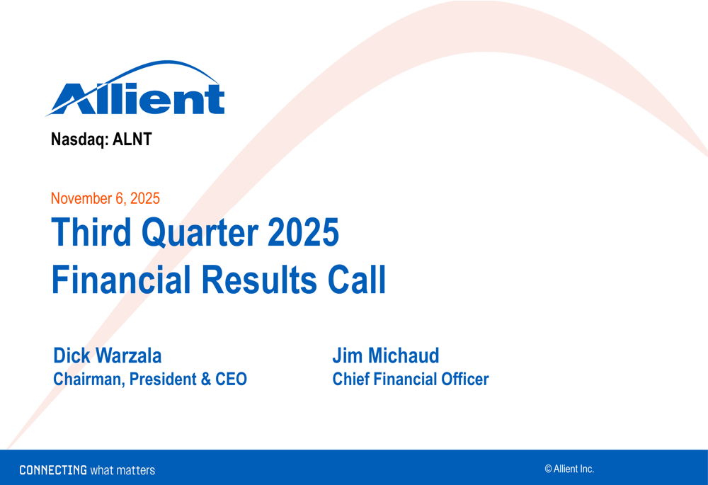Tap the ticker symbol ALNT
pos(132,139)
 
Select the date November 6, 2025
pos(105,199)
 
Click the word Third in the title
pos(91,234)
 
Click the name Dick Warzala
pos(107,355)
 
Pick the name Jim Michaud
pos(385,355)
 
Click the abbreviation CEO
pos(232,380)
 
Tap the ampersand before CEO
pos(206,380)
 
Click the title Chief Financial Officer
pos(410,380)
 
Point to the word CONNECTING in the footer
pos(53,470)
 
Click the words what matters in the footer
pos(122,470)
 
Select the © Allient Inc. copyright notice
pos(569,469)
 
